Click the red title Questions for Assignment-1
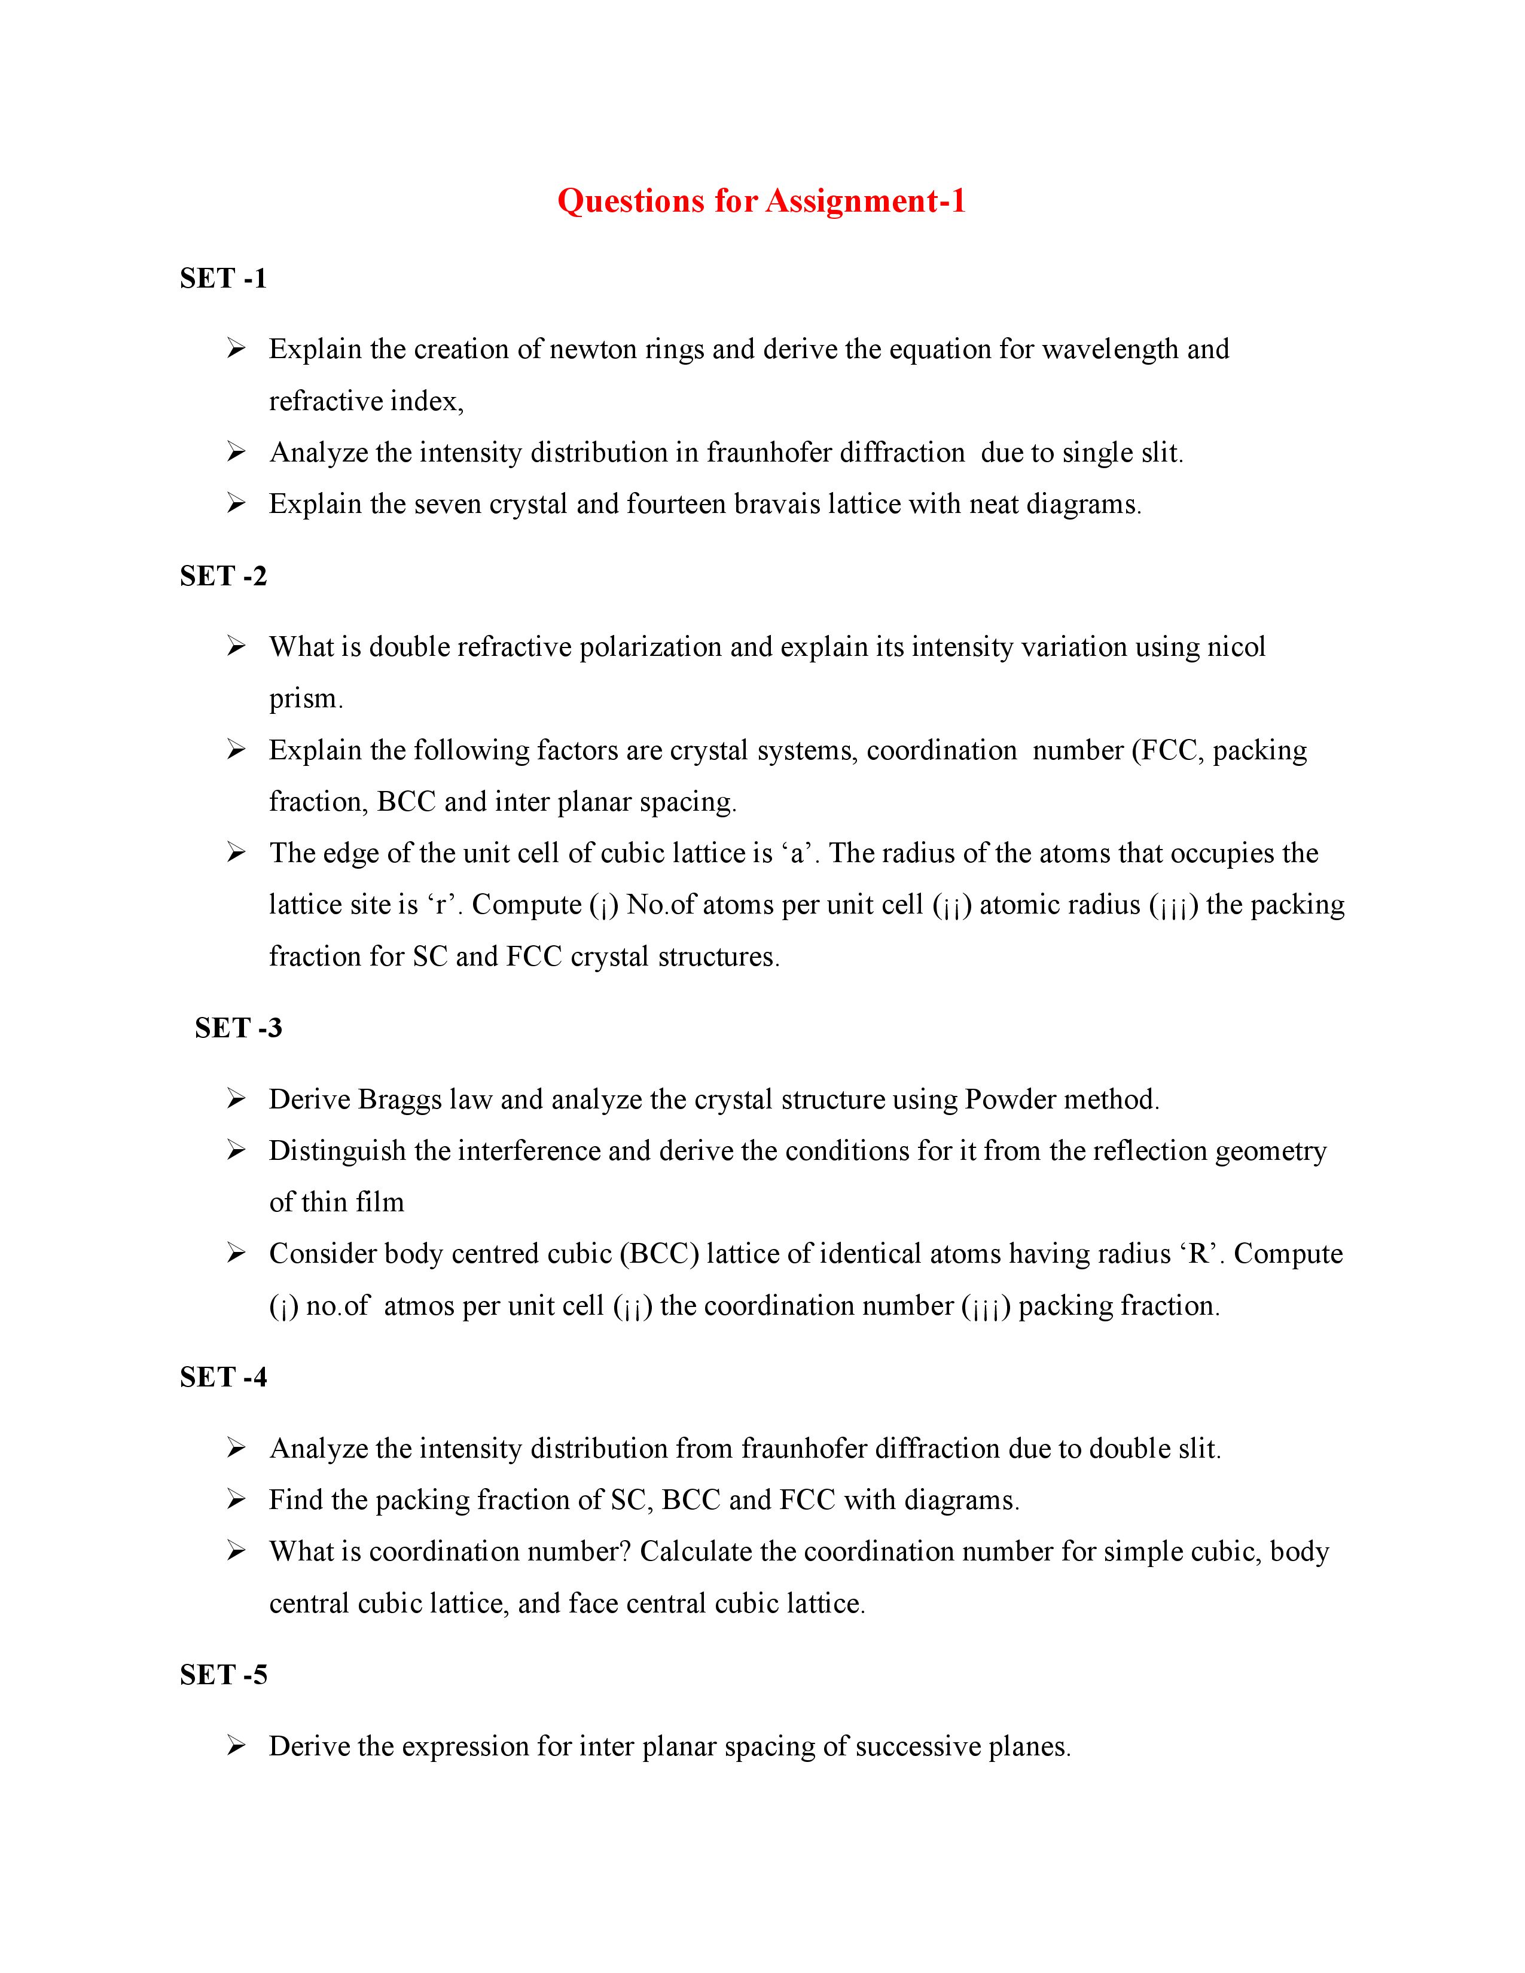(761, 200)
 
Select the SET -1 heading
(223, 278)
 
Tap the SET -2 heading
(223, 576)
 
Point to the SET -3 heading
(239, 1028)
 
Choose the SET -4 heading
(223, 1378)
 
